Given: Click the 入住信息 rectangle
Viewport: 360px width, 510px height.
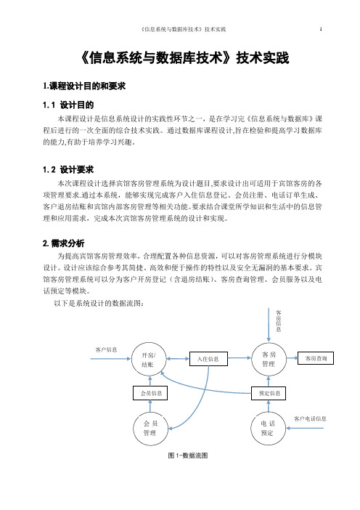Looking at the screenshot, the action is pos(208,359).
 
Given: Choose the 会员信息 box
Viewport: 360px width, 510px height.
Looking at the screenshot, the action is pos(150,393).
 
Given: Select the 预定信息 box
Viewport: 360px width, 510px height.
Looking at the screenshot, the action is pos(269,393).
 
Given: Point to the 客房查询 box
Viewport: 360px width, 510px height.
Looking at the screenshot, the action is pos(316,358).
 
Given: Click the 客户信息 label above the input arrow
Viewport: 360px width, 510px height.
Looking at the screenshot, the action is pos(106,349).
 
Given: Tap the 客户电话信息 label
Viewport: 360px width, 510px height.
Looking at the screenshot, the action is pos(311,418).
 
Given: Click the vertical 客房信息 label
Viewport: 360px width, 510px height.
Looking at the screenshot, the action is pos(279,320).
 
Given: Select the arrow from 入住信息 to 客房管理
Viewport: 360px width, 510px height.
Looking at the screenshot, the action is pos(240,357).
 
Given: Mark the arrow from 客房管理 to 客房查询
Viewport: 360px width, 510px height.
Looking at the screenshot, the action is pos(292,357).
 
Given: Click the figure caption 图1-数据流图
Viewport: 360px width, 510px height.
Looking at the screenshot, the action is pos(188,456).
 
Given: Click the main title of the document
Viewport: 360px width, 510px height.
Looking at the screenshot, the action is pos(184,58).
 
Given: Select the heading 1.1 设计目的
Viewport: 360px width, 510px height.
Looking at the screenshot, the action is pos(68,105).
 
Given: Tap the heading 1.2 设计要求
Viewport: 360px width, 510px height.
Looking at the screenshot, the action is pos(68,169).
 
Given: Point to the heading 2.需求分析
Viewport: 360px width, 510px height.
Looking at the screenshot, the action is pos(64,243).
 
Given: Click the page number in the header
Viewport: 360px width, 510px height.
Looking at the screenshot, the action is pos(321,29).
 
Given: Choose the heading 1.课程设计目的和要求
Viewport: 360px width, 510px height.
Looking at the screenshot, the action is pos(84,86).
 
